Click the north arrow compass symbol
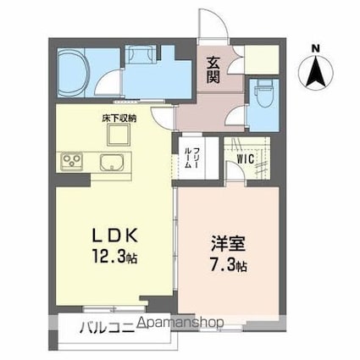(315, 72)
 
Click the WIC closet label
(246, 158)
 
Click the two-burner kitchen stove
(69, 161)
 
